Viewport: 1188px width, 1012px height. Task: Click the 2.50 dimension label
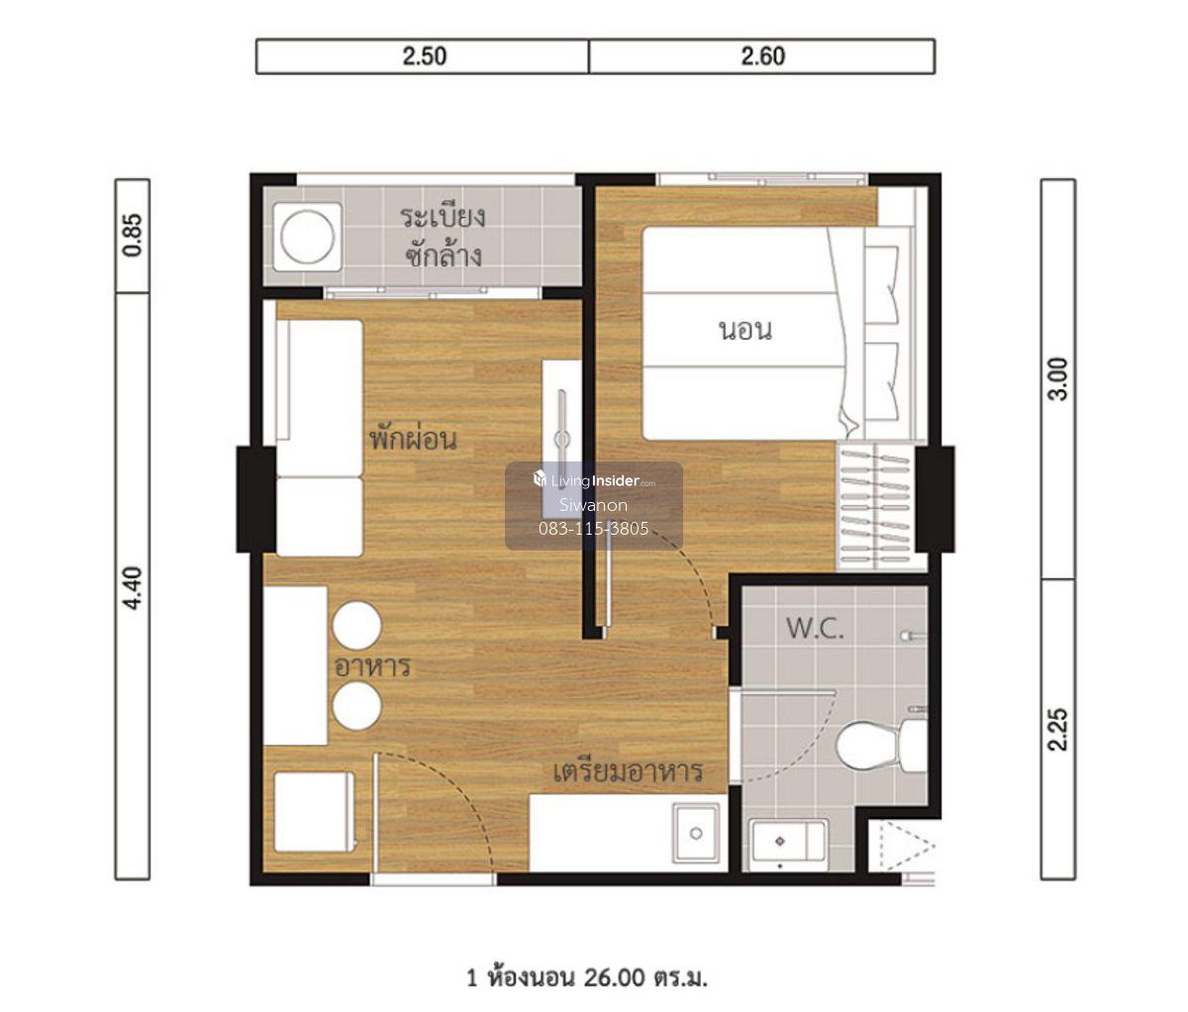click(x=424, y=56)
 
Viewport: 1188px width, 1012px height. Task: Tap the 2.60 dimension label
click(x=762, y=56)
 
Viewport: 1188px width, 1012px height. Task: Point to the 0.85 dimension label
click(x=133, y=235)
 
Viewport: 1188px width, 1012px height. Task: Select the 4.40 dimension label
click(x=133, y=587)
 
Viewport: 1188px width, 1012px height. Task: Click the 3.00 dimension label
click(x=1057, y=379)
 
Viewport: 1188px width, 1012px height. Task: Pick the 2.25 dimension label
click(x=1057, y=730)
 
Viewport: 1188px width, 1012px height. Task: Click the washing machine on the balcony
click(x=307, y=237)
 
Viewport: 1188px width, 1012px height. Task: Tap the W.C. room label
click(x=815, y=629)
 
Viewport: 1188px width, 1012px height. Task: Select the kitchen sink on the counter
click(x=696, y=833)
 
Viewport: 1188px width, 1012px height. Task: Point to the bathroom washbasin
click(x=788, y=842)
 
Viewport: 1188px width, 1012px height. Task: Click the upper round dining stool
click(x=357, y=626)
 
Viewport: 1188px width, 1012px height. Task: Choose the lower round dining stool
click(x=357, y=705)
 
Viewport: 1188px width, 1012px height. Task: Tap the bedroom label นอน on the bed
click(x=745, y=330)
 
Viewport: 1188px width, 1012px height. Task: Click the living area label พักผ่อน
click(x=413, y=438)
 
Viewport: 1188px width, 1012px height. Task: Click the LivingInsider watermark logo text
click(x=594, y=480)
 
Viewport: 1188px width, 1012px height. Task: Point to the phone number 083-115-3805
click(x=594, y=529)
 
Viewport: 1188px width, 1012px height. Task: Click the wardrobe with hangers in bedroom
click(x=876, y=507)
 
